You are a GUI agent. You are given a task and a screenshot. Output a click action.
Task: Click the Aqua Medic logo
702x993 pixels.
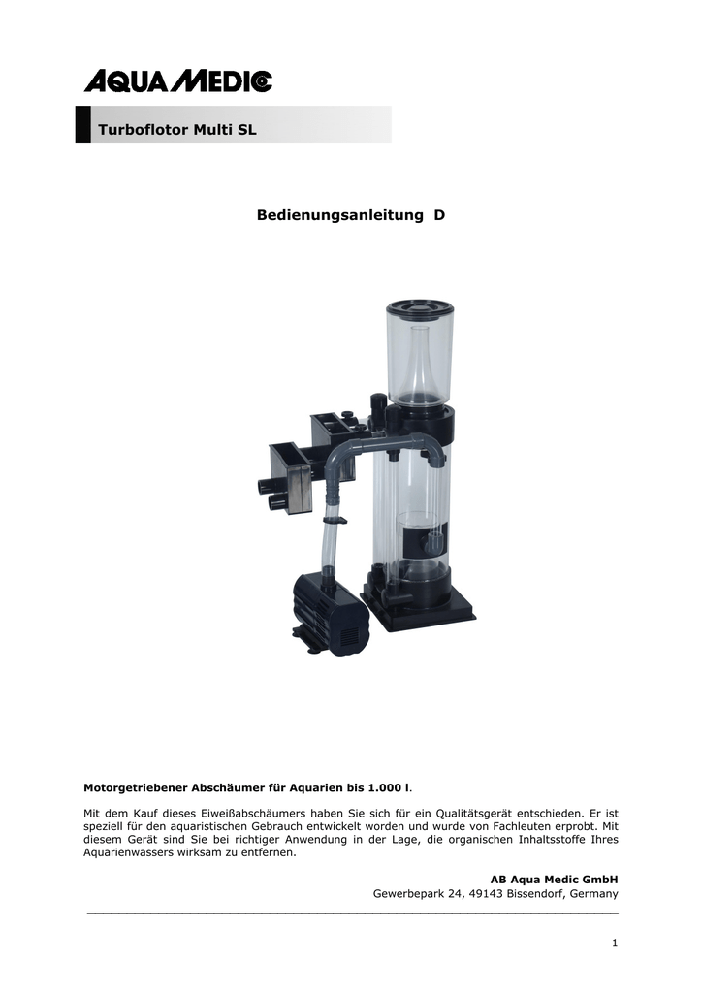177,81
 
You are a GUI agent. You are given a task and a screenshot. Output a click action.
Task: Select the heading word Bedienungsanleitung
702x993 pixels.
340,215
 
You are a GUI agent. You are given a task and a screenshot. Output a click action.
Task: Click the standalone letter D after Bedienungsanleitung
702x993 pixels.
439,215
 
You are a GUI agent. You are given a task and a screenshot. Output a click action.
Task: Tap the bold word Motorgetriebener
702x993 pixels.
135,788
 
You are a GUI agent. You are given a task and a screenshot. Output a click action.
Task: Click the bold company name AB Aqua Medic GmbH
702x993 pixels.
554,880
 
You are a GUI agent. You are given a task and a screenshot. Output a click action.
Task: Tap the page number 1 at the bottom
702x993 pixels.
615,944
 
